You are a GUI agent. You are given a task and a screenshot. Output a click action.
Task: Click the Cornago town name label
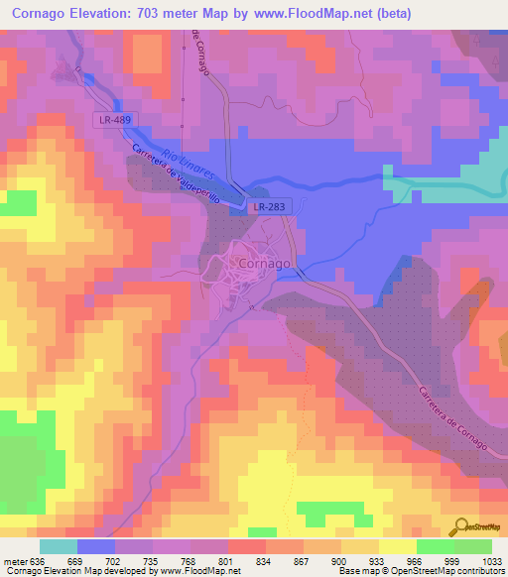[266, 264]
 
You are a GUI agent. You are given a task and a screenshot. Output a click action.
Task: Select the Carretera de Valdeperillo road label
[179, 175]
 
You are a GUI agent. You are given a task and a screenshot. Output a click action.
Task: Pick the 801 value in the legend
[227, 560]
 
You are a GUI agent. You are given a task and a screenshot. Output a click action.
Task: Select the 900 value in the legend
[340, 560]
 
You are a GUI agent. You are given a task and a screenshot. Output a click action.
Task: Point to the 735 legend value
[152, 560]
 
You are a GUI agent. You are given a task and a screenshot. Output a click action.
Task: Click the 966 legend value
[416, 560]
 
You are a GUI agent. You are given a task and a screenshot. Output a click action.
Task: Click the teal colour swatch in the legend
[59, 546]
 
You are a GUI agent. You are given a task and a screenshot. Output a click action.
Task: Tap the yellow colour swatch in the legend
[398, 546]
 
